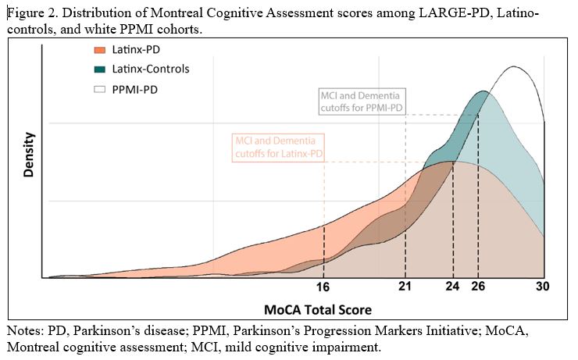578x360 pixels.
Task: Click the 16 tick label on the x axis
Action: (x=324, y=287)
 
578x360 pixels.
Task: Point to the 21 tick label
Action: (x=405, y=287)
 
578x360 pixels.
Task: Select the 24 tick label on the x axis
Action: (x=453, y=287)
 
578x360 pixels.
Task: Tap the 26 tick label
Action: (x=478, y=287)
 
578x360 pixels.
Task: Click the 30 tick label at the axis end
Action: (x=543, y=287)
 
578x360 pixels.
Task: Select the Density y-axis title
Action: (x=29, y=155)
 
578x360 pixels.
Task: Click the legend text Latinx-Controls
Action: (x=151, y=69)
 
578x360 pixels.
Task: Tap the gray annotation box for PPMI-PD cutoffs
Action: (x=362, y=101)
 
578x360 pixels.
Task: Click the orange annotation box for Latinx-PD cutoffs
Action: (x=279, y=147)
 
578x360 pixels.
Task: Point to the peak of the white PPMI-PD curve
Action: (x=513, y=67)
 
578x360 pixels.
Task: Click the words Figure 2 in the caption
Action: (x=29, y=13)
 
